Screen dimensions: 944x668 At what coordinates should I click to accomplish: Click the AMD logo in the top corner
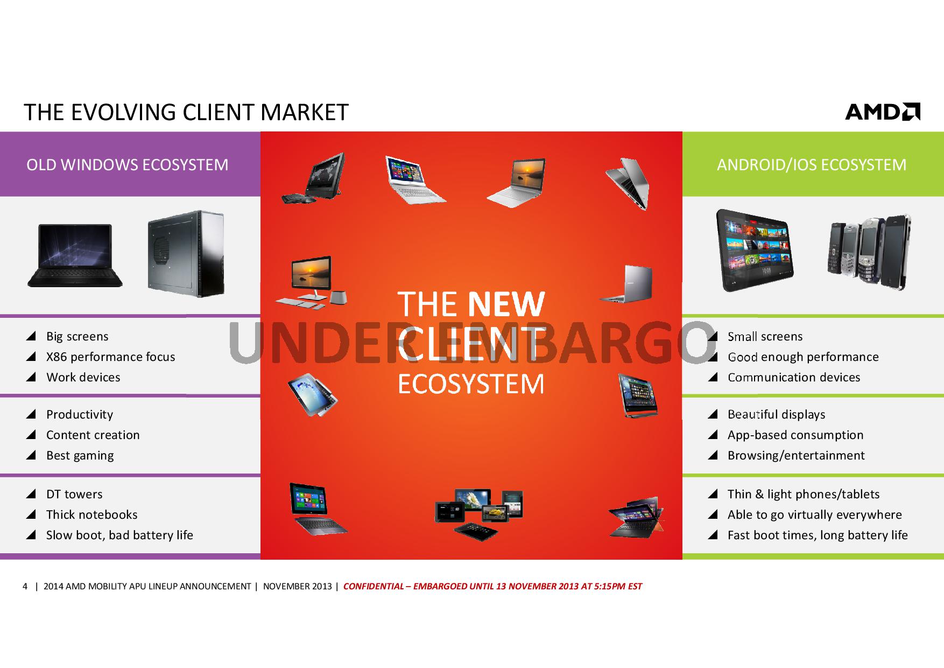coord(883,112)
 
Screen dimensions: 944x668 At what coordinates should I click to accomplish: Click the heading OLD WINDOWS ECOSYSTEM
coord(128,164)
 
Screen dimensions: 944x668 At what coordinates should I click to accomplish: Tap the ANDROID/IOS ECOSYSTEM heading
coord(812,164)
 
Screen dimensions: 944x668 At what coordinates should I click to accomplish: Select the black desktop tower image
coord(186,254)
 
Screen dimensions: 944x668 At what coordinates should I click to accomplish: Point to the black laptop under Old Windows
coord(75,255)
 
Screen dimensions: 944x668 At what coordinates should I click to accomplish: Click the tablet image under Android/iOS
coord(755,250)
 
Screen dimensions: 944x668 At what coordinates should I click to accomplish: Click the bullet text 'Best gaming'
coord(80,455)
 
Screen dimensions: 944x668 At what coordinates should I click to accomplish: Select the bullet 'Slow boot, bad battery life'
coord(119,535)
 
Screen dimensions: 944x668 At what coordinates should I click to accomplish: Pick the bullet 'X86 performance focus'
coord(111,357)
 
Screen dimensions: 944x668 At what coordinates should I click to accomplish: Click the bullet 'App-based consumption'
coord(795,435)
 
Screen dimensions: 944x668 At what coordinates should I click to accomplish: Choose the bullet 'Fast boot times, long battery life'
coord(818,535)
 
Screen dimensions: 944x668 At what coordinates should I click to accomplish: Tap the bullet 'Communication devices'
coord(794,377)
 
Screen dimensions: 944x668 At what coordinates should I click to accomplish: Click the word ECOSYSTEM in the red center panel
coord(471,384)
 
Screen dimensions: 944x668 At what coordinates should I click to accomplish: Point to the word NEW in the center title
coord(506,304)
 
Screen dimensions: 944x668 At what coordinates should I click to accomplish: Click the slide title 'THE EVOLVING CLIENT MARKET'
coord(186,112)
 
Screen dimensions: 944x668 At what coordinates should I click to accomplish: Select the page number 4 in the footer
coord(25,586)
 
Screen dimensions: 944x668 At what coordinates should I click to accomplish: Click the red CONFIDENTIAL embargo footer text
coord(492,586)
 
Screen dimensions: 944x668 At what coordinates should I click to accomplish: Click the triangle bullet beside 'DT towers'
coord(31,494)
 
